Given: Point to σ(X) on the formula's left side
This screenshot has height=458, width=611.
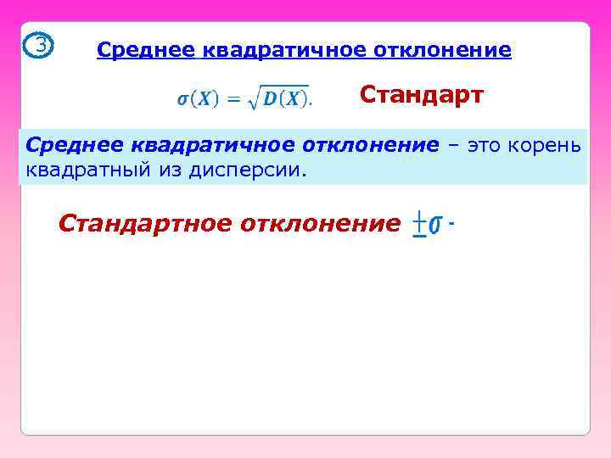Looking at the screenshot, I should click(x=197, y=99).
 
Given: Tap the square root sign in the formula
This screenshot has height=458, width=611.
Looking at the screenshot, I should click(x=253, y=98).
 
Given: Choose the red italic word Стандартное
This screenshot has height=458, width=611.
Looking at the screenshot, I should click(x=144, y=224).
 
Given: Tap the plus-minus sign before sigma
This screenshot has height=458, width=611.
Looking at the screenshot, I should click(x=419, y=226).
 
